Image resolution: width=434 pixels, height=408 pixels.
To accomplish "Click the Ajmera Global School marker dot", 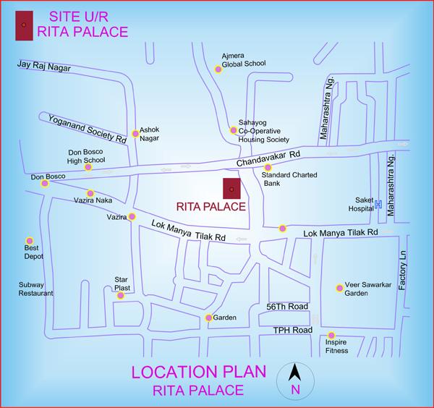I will [x=218, y=69].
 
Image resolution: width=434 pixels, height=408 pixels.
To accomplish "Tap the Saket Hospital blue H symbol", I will [x=378, y=204].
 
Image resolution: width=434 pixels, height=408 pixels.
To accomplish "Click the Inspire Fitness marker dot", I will [x=331, y=335].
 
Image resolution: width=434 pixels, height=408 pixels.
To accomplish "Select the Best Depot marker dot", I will [x=30, y=240].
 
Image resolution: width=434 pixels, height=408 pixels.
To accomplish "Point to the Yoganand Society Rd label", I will [x=87, y=128].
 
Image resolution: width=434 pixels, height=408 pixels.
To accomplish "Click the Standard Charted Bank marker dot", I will [x=268, y=167].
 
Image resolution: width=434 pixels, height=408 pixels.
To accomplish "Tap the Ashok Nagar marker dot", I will [x=135, y=133].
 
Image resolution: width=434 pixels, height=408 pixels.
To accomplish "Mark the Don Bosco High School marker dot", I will [x=88, y=167].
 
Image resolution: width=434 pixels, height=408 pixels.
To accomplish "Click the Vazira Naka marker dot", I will [x=90, y=193].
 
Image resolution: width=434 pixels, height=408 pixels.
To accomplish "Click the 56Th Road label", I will [x=287, y=306].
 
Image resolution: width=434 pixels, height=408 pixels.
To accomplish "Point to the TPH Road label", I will [x=293, y=330].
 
